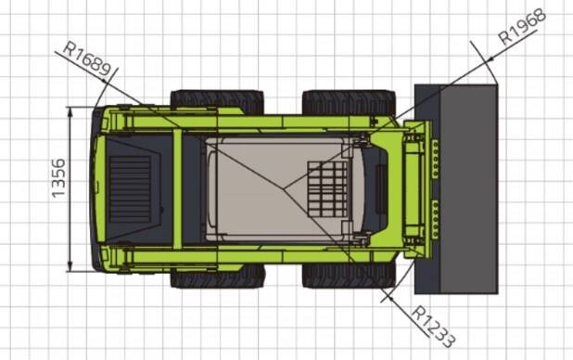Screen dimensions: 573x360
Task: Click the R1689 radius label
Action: click(x=87, y=58)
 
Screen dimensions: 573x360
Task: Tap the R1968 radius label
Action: click(x=523, y=27)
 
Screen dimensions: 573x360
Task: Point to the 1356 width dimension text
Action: click(x=58, y=178)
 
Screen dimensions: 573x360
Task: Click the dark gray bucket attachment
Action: click(x=456, y=188)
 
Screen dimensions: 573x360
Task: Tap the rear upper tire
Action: click(x=217, y=101)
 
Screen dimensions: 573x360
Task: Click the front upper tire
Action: click(x=349, y=102)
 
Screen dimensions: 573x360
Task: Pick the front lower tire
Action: click(x=349, y=276)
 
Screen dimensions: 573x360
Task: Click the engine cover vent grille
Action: click(x=131, y=188)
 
